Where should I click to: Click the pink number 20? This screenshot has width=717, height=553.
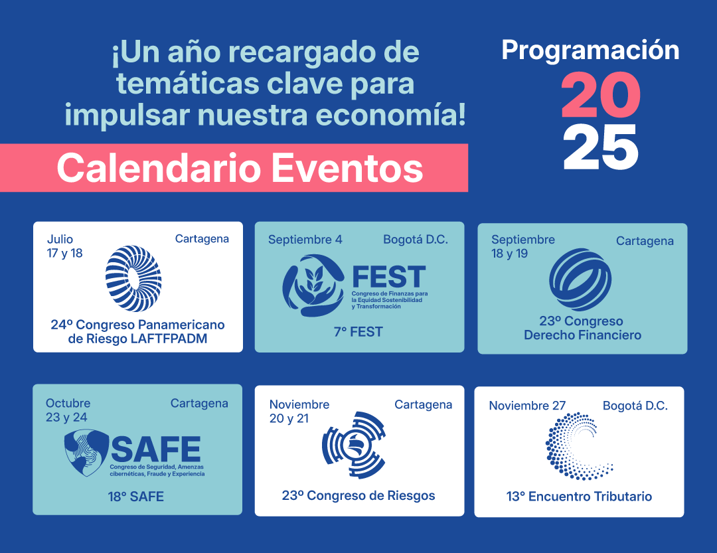[600, 95]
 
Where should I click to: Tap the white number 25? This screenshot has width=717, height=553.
[600, 147]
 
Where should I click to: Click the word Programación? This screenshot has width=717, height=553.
[590, 50]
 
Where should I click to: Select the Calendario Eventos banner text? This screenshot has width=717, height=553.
[240, 168]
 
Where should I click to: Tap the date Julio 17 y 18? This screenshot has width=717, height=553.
[64, 246]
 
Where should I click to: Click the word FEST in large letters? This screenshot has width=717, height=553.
[388, 277]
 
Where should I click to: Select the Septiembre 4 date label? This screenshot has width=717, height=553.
[305, 240]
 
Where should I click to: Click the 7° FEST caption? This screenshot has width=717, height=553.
[358, 332]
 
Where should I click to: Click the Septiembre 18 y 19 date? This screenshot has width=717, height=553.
[522, 246]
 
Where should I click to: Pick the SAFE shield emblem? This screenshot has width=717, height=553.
[86, 452]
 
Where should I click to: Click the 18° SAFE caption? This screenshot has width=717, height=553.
[136, 497]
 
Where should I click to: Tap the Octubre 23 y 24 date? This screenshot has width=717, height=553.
[68, 410]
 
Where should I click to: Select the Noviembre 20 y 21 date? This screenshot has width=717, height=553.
[299, 411]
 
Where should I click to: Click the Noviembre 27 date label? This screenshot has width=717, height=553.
[527, 406]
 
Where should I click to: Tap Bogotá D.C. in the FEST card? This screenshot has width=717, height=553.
[416, 240]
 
